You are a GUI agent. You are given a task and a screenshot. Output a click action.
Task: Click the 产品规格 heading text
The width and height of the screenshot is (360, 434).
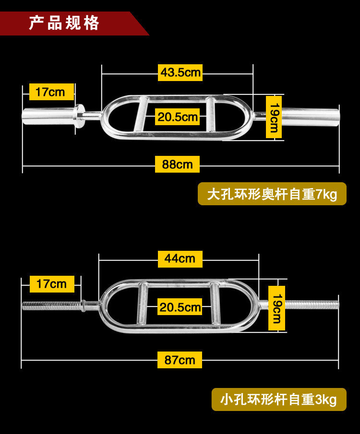64,23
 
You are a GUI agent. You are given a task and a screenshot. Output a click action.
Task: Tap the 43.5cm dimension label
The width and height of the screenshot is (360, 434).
180,73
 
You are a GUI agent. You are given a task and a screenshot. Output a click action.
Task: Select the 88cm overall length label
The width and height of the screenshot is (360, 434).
177,164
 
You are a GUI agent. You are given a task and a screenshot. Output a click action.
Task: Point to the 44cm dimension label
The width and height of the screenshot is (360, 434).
180,258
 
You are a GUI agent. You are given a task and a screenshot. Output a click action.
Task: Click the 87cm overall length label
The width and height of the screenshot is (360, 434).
180,360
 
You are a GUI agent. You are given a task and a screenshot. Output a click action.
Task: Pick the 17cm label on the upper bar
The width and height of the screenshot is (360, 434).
50,92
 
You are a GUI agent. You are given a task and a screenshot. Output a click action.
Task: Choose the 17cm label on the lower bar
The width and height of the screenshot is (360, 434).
51,284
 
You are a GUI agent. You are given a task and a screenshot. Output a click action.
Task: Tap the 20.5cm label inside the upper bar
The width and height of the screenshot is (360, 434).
178,117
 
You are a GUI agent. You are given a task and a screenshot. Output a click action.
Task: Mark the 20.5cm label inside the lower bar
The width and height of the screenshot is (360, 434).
180,307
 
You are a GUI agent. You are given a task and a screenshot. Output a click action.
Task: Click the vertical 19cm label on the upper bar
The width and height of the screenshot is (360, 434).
274,117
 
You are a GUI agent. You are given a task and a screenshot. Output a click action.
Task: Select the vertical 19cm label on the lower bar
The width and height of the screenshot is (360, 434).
276,308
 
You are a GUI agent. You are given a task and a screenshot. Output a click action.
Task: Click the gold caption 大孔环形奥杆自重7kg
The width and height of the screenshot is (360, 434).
272,194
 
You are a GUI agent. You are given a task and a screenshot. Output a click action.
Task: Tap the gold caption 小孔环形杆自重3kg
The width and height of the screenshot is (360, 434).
279,399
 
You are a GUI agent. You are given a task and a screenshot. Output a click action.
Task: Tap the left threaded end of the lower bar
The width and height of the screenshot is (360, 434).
50,305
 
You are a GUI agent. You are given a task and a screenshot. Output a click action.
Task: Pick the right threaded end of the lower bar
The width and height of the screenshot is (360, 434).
312,304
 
